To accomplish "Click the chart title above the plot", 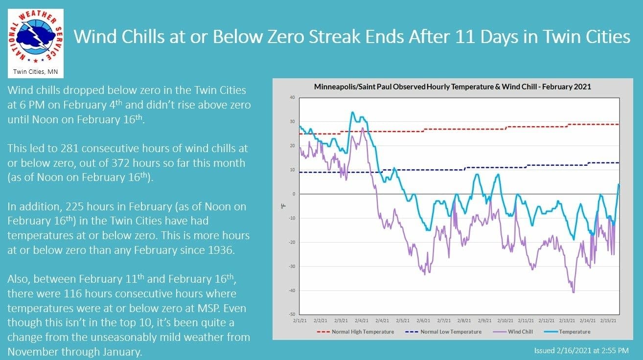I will (x=452, y=87).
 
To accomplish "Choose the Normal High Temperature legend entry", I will (x=363, y=332).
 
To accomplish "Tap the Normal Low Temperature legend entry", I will (x=451, y=332).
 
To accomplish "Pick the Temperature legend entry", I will (x=574, y=332).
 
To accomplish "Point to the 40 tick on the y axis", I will (x=292, y=97).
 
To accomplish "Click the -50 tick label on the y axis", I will (x=291, y=315).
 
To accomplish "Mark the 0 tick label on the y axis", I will (x=293, y=194).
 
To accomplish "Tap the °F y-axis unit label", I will (x=283, y=206).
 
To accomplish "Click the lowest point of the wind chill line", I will (x=573, y=292).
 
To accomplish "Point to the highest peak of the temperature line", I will (x=353, y=112).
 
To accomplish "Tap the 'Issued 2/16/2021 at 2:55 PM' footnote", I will (x=581, y=351).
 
